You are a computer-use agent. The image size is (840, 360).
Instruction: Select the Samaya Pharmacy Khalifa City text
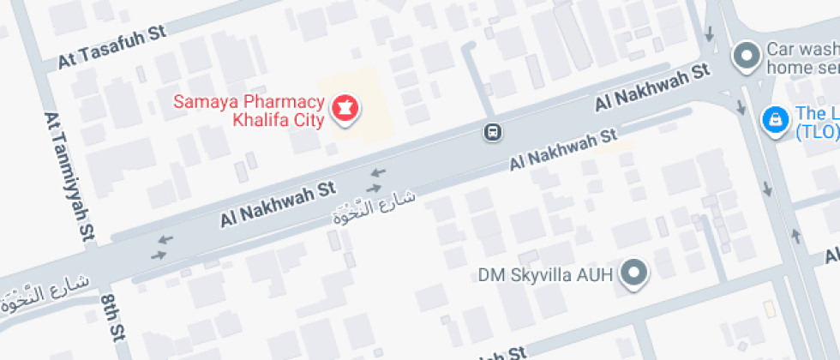[x=249, y=111]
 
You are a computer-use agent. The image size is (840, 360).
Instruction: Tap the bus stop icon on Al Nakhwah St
[x=493, y=133]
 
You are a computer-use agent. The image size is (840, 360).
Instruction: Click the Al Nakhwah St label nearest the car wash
[x=653, y=88]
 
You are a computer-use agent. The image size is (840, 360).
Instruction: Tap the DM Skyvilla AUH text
[x=545, y=275]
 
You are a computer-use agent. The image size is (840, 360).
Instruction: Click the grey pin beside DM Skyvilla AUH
[x=635, y=273]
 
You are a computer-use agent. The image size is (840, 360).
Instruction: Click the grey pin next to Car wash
[x=747, y=57]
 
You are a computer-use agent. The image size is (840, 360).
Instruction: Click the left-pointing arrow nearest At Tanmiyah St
[x=165, y=239]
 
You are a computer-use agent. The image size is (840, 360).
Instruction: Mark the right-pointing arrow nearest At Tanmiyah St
[x=159, y=255]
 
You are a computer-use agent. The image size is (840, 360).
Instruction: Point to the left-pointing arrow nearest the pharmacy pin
[x=378, y=172]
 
